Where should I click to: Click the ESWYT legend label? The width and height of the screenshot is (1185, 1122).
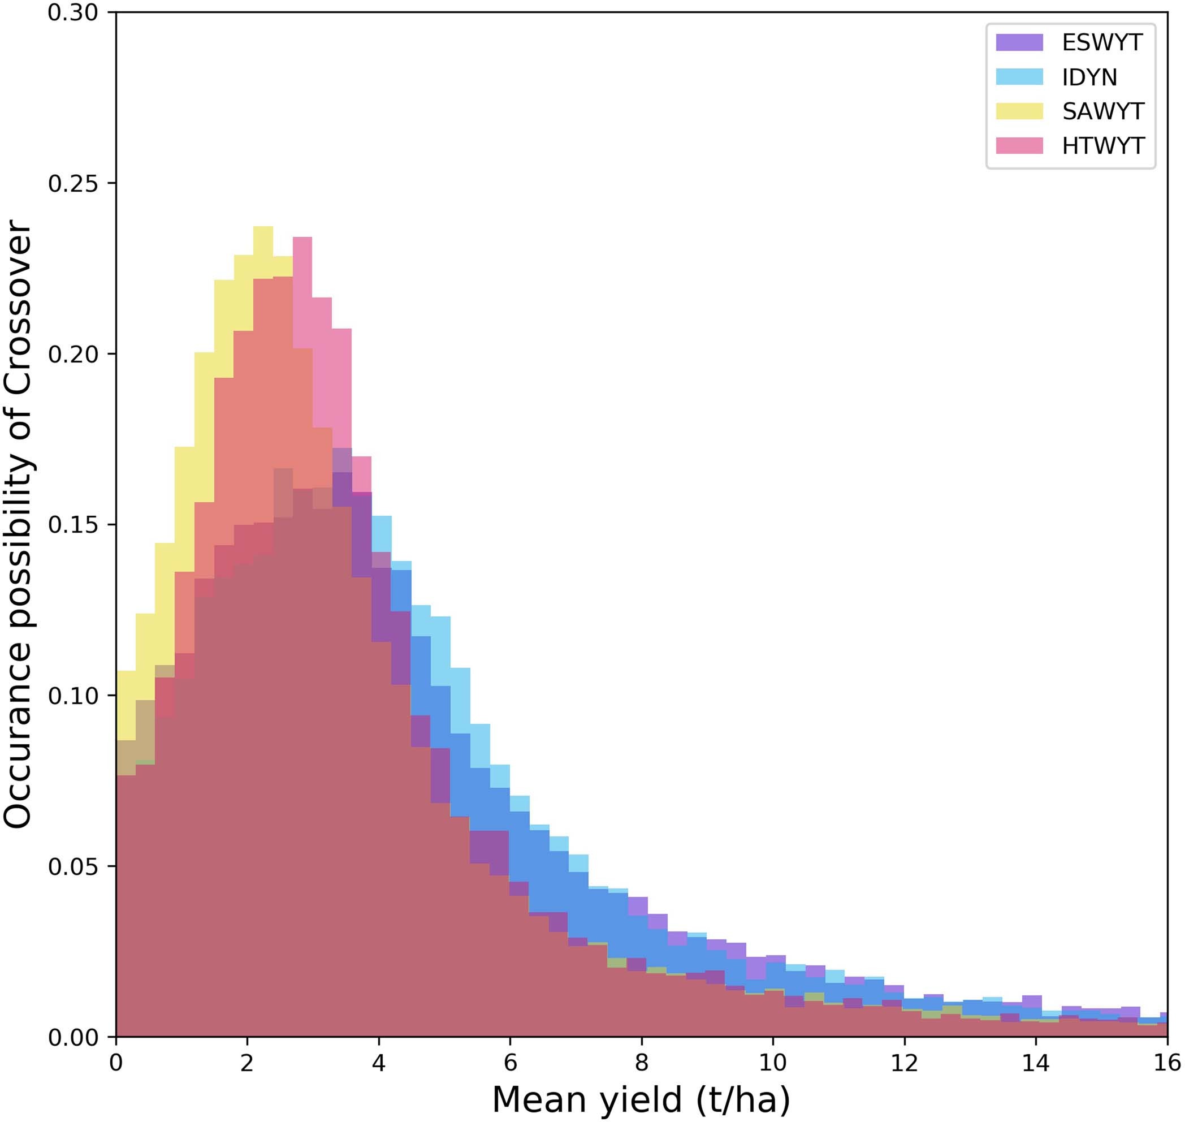point(1102,42)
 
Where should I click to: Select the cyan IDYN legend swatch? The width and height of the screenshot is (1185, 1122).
point(1019,77)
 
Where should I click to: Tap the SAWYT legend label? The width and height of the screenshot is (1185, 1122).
point(1102,111)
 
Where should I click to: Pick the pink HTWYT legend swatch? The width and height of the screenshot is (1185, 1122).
point(1019,146)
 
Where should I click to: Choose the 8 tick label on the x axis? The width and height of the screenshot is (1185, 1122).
point(641,1063)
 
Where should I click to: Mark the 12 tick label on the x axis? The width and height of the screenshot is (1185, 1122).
point(904,1063)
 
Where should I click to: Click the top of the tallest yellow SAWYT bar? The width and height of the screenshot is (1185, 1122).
point(263,227)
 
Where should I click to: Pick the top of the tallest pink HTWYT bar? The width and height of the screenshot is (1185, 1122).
point(302,238)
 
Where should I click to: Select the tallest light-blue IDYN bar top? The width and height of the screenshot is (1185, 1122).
point(382,517)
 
